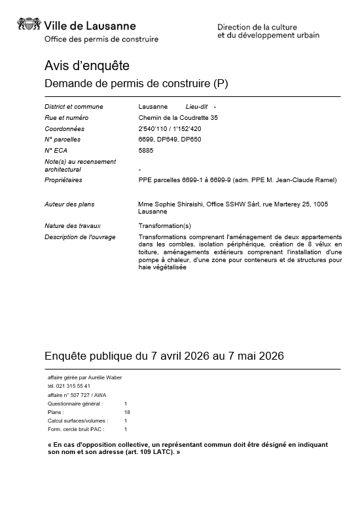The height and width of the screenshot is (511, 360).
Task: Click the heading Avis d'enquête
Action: coord(86,66)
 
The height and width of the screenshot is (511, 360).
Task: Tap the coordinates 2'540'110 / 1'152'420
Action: coord(171,129)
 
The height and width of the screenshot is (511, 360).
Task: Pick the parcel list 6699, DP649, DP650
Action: coord(170,140)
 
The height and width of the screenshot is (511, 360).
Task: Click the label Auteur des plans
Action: coord(69,204)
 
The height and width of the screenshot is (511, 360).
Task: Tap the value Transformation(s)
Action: coord(164,225)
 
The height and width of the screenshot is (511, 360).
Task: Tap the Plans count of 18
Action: coord(127,412)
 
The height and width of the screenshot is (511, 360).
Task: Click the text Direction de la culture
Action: coord(257,27)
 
